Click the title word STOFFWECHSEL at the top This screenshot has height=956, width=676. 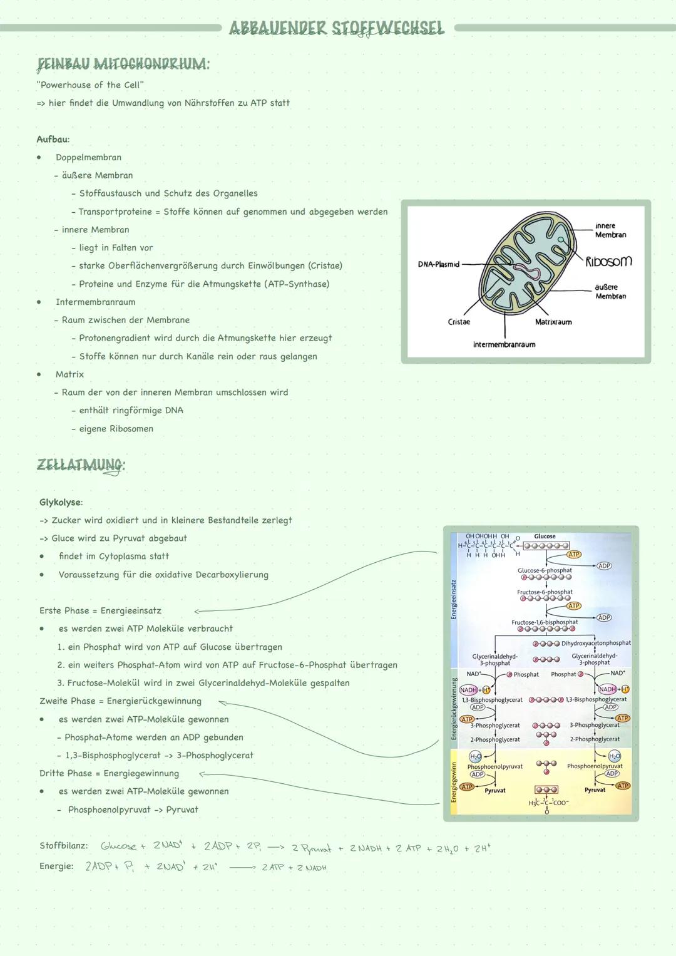tap(387, 29)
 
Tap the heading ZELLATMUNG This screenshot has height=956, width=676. tap(81, 465)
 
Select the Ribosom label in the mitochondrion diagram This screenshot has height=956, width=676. tap(608, 261)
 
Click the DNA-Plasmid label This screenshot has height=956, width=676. tap(438, 264)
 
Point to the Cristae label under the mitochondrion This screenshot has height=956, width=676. tap(459, 322)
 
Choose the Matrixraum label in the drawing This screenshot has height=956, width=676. tap(553, 322)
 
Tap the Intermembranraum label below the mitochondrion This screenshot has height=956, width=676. tap(504, 344)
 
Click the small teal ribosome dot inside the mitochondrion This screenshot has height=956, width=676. tap(561, 239)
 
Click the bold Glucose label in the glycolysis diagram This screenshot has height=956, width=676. tap(545, 537)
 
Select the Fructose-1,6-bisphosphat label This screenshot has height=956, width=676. tap(545, 622)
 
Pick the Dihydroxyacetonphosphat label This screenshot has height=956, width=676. tap(596, 643)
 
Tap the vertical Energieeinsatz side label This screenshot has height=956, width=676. tap(454, 599)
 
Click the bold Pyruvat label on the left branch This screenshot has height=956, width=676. tap(495, 791)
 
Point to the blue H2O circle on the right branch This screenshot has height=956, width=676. tap(614, 756)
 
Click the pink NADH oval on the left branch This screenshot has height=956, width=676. tap(468, 689)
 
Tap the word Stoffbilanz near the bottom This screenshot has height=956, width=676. tap(63, 846)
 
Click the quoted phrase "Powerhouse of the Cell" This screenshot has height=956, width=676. tap(90, 85)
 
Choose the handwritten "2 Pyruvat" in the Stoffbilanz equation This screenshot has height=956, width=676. tap(311, 848)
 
